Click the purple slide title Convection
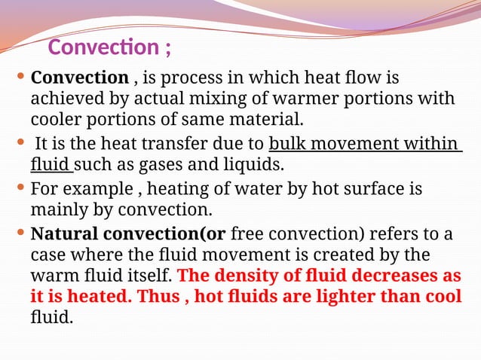[103, 47]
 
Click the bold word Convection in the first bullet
[79, 78]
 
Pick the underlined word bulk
[286, 143]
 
